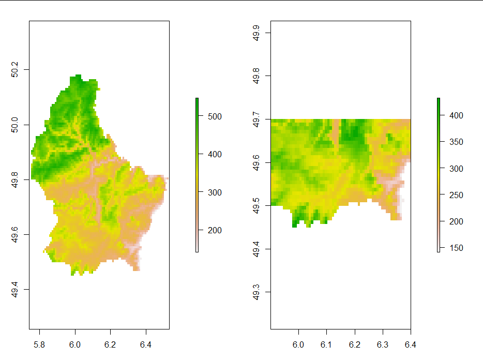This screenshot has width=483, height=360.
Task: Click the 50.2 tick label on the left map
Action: tap(14, 70)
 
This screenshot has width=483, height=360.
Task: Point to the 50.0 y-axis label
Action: tap(14, 125)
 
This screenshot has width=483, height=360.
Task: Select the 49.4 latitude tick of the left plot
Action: tap(14, 290)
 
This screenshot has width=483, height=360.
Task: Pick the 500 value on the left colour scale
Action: tap(212, 116)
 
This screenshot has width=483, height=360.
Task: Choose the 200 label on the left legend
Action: tap(212, 230)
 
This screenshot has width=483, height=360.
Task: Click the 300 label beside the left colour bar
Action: tap(212, 192)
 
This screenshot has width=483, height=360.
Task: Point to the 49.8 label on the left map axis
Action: tap(14, 180)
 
